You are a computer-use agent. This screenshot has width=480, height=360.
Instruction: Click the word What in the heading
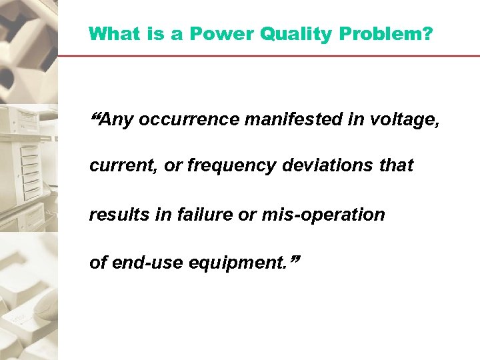pos(115,34)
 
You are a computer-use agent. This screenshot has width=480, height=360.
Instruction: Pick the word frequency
pos(230,166)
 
